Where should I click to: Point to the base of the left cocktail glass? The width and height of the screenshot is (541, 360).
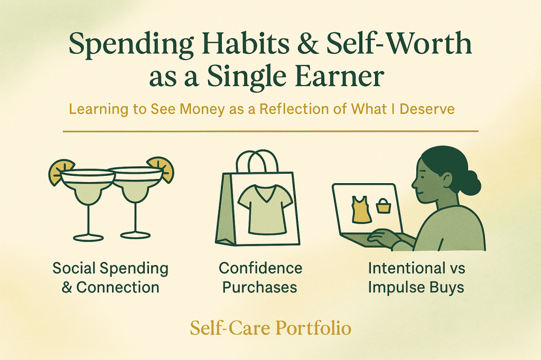point(88,236)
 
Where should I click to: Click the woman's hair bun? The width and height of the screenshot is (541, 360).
point(471,183)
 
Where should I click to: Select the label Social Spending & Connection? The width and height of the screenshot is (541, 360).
point(110,278)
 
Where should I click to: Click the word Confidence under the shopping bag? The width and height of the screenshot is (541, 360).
point(260,268)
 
